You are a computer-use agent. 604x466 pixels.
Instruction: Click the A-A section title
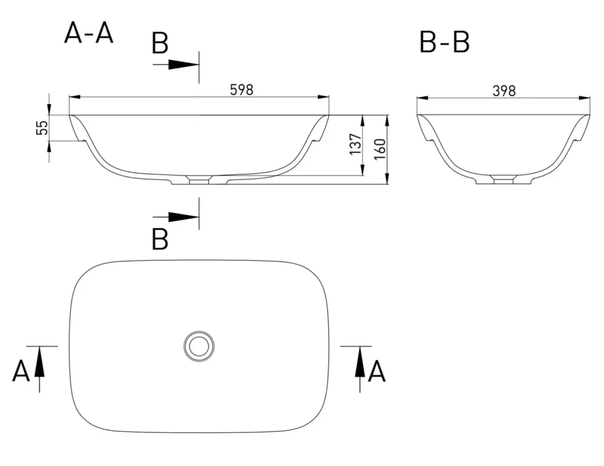coord(88,33)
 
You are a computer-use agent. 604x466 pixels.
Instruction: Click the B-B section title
coord(444,42)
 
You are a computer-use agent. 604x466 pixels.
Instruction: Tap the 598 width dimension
coord(241,90)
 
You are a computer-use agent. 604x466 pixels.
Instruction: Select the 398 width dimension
coord(504,91)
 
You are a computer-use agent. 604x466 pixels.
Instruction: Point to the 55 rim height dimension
coord(42,127)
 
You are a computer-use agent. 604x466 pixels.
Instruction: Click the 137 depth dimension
coord(356,145)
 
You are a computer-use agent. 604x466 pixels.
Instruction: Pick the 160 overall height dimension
coord(380,149)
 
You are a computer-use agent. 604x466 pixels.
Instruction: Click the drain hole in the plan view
coord(199,346)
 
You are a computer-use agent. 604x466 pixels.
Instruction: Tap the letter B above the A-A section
coord(160,43)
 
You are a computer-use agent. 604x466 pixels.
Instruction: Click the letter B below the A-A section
coord(160,239)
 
